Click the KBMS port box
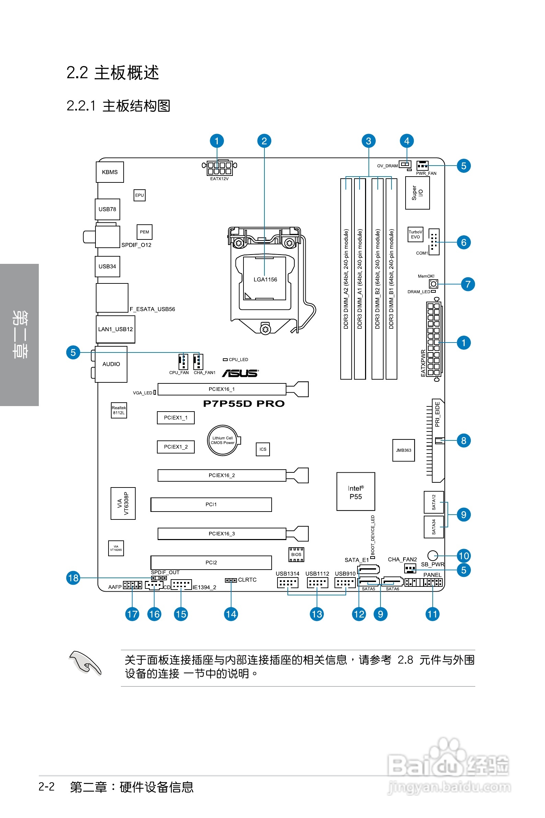pos(110,172)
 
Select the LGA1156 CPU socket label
pos(265,280)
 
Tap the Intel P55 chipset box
pos(355,492)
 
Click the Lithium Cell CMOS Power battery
pos(223,440)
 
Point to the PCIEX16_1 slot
pos(222,389)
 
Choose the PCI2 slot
pos(211,562)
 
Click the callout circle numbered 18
pos(73,578)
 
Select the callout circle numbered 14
pos(231,614)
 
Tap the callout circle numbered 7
pos(468,284)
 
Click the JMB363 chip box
pos(403,450)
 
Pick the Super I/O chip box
pos(417,193)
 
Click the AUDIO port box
pos(111,364)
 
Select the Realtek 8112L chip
pos(118,410)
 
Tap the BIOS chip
pos(296,554)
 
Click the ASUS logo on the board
pos(240,373)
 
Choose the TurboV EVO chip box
pos(415,234)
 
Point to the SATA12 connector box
pos(433,502)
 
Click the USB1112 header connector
pos(317,583)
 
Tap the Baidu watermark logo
pos(449,765)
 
